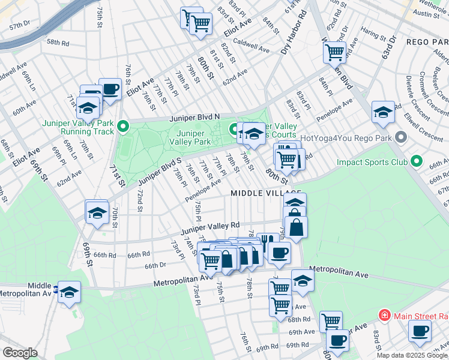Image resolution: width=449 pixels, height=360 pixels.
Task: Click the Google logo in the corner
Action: click(20, 353)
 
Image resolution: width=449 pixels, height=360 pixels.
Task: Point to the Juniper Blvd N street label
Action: click(194, 117)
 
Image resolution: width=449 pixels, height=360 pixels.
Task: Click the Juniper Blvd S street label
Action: click(159, 172)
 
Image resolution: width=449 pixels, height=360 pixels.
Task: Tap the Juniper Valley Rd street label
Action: click(209, 226)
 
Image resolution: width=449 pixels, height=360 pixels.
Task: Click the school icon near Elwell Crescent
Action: click(383, 112)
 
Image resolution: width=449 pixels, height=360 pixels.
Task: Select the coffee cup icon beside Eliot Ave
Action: click(110, 89)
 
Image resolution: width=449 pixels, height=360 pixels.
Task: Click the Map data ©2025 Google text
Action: click(412, 355)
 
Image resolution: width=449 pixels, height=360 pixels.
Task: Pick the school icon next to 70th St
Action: click(96, 212)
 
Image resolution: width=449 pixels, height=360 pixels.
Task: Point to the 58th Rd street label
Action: click(58, 43)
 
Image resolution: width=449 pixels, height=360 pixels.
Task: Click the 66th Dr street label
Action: click(155, 265)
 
